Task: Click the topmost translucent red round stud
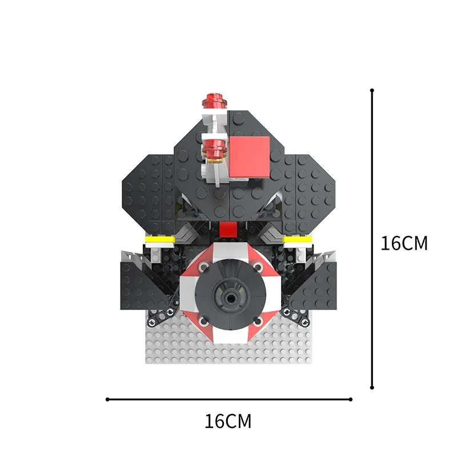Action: pyautogui.click(x=215, y=101)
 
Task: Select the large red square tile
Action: pyautogui.click(x=250, y=157)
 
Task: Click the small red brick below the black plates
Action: pyautogui.click(x=228, y=230)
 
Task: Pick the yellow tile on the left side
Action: pyautogui.click(x=160, y=239)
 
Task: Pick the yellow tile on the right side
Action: pyautogui.click(x=298, y=239)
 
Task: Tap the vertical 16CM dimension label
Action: pyautogui.click(x=404, y=243)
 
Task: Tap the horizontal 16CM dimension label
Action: pyautogui.click(x=227, y=421)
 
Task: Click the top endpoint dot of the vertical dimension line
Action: pyautogui.click(x=372, y=90)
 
